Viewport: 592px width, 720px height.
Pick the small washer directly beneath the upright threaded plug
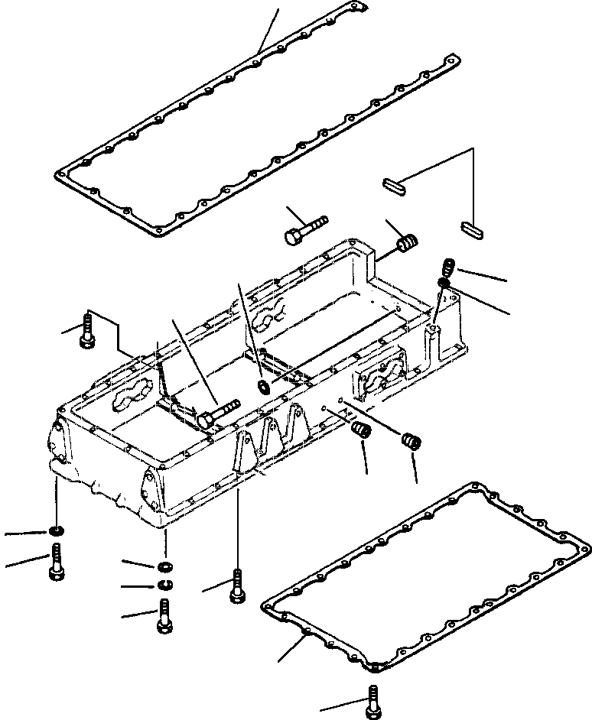(x=443, y=284)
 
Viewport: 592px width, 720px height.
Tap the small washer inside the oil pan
(x=264, y=387)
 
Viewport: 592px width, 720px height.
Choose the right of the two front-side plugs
(x=411, y=442)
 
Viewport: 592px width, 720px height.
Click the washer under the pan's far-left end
(x=57, y=531)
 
